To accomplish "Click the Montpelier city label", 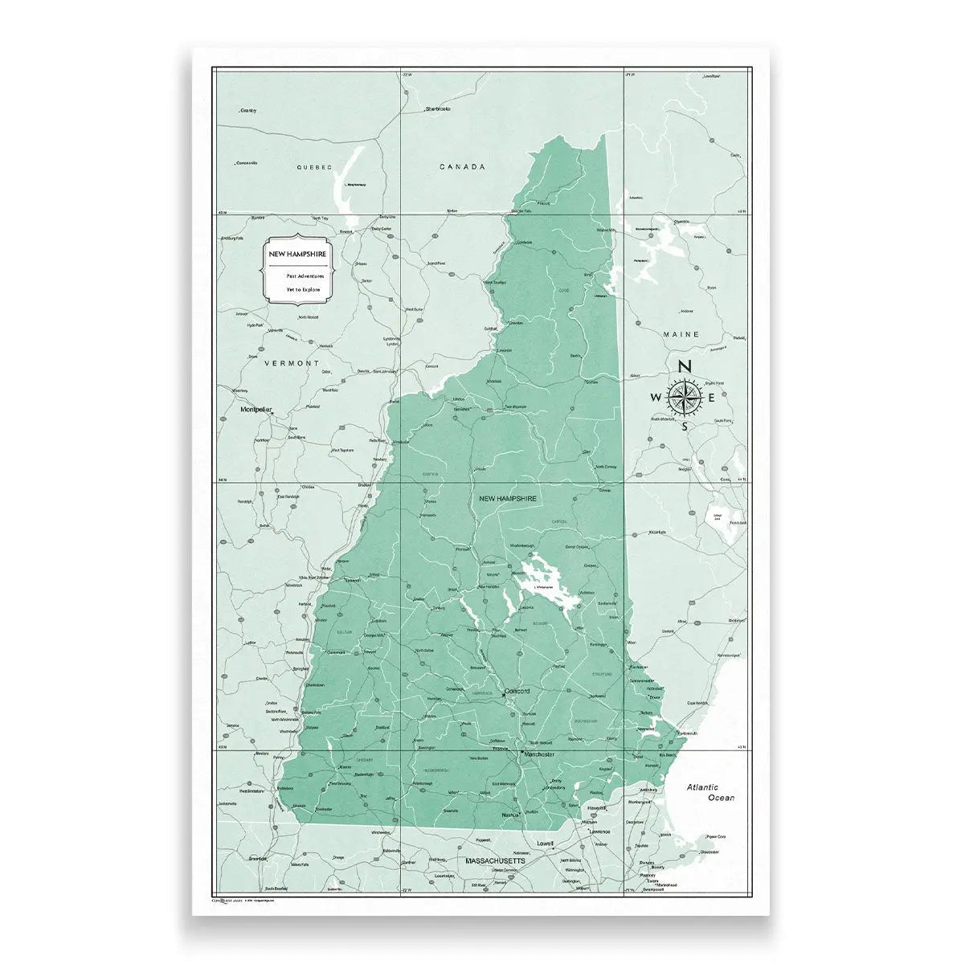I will pyautogui.click(x=257, y=410).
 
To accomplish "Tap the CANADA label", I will pyautogui.click(x=463, y=167).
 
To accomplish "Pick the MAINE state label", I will pyautogui.click(x=681, y=334).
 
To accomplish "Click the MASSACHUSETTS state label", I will pyautogui.click(x=495, y=860).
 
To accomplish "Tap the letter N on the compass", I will pyautogui.click(x=685, y=366).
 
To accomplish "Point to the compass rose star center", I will pyautogui.click(x=685, y=396).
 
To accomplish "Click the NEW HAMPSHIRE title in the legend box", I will pyautogui.click(x=297, y=254).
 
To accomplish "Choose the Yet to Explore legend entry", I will pyautogui.click(x=303, y=288).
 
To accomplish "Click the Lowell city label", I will pyautogui.click(x=546, y=843).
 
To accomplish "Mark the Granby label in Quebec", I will pyautogui.click(x=248, y=110).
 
